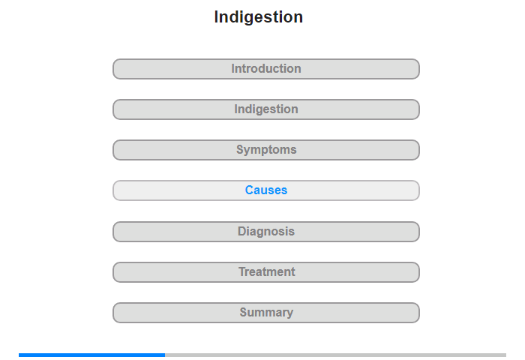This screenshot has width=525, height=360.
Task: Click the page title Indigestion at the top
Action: (x=259, y=17)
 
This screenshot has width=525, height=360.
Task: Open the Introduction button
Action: (x=266, y=69)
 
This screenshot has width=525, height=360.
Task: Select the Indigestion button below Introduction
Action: (x=266, y=109)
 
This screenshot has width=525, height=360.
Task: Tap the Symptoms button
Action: (x=266, y=150)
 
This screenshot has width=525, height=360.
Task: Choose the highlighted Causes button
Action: (x=266, y=190)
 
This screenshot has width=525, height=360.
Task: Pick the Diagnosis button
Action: (x=266, y=232)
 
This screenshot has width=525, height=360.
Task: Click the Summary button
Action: (x=266, y=313)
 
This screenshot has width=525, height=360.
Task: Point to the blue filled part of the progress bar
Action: (x=91, y=355)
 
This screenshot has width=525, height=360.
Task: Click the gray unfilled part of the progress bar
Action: (x=335, y=355)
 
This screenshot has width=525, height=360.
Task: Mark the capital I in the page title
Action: (x=216, y=16)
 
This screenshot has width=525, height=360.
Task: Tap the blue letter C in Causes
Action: (x=250, y=190)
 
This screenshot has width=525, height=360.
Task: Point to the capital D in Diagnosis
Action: (x=241, y=231)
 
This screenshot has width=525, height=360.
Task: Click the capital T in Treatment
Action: (x=242, y=271)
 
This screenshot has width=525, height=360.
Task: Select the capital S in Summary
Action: (x=244, y=312)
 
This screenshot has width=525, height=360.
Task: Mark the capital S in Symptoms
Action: (x=240, y=149)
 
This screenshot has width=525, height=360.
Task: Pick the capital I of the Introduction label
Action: (x=232, y=68)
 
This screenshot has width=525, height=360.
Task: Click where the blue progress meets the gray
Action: (x=165, y=355)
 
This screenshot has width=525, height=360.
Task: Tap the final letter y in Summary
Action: (x=290, y=313)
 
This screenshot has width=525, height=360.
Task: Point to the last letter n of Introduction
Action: (x=298, y=69)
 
